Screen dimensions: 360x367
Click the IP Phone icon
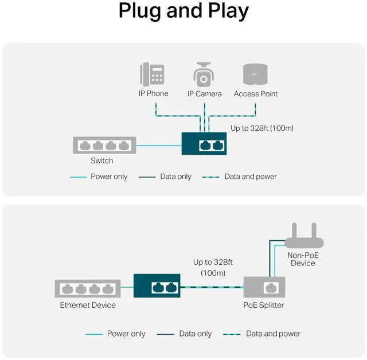(x=153, y=75)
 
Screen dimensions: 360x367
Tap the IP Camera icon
(x=204, y=75)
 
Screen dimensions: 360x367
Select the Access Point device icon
(x=256, y=75)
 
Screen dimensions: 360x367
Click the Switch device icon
(x=104, y=145)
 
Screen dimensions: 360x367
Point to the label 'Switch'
(x=102, y=161)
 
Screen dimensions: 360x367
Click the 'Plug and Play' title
(x=183, y=11)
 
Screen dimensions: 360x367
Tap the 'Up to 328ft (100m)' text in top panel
(x=261, y=128)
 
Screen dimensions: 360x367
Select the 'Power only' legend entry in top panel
(x=109, y=177)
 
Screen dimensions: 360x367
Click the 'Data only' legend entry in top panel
(x=175, y=177)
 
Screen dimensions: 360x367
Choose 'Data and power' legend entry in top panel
(x=251, y=177)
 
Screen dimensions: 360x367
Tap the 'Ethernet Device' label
(x=88, y=306)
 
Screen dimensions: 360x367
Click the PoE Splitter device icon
(x=264, y=287)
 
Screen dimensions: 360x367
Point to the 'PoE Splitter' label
(x=264, y=306)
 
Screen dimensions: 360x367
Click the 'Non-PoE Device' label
(x=303, y=259)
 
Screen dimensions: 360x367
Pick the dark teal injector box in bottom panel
(x=157, y=285)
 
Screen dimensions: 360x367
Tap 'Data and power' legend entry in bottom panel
(x=273, y=334)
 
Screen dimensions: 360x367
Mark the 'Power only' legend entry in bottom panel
(x=126, y=334)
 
